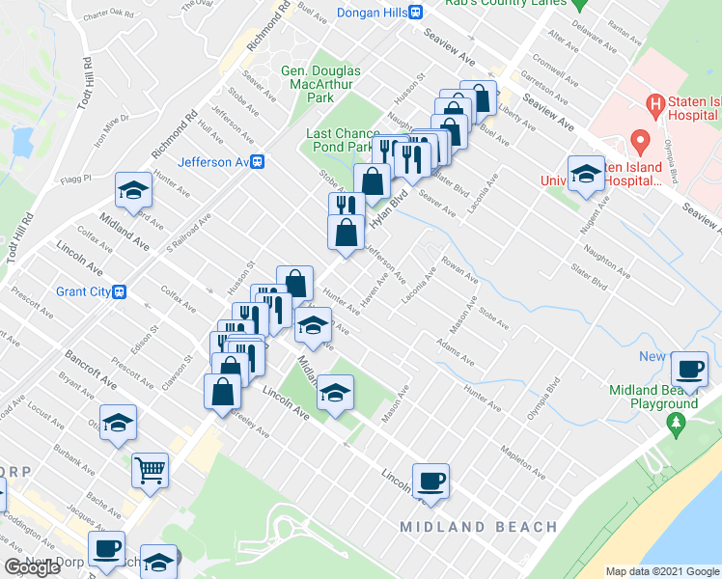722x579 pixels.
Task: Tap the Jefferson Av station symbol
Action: (x=258, y=162)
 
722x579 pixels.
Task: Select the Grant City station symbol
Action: (x=120, y=291)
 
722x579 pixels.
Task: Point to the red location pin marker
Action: (x=638, y=143)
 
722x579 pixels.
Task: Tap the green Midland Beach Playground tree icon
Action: (x=677, y=424)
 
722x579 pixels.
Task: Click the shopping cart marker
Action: (x=151, y=471)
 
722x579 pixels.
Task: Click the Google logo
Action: (x=34, y=567)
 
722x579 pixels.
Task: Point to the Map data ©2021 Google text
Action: (x=662, y=571)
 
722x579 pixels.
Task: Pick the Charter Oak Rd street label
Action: (x=107, y=14)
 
